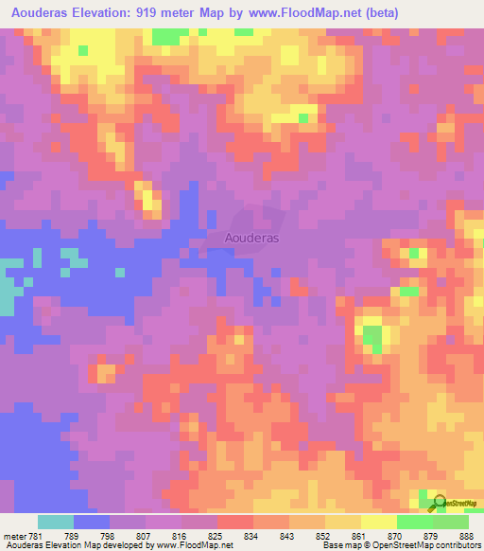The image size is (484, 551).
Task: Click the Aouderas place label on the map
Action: point(252,239)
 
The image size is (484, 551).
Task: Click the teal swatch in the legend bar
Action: point(56,522)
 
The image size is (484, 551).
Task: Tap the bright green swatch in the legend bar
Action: point(415,522)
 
